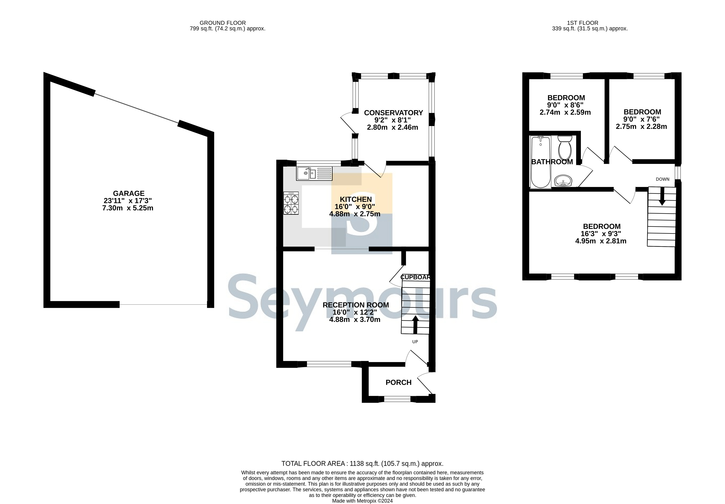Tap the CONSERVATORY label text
pos(393,113)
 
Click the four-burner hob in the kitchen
pos(291,203)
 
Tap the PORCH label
pos(399,383)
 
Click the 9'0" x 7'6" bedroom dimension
pos(642,119)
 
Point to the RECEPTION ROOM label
pos(356,305)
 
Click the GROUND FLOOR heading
pos(223,23)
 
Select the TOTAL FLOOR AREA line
pos(363,464)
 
